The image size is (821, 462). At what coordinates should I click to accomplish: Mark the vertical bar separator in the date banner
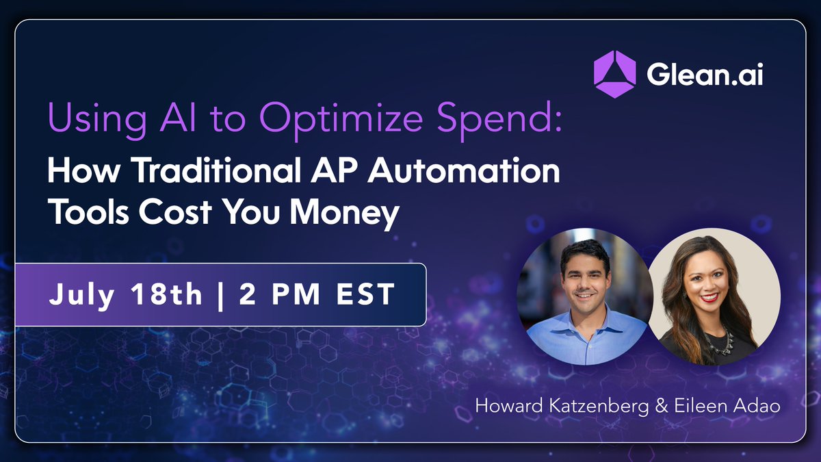pos(220,294)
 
